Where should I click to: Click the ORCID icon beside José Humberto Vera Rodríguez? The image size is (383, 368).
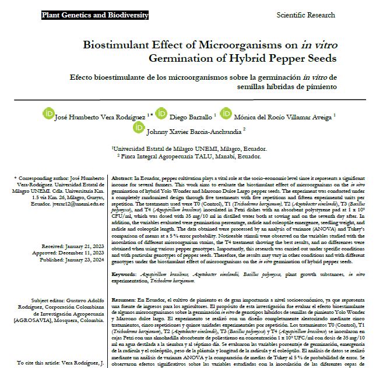[48, 112]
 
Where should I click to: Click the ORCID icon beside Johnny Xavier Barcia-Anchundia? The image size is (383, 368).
[139, 126]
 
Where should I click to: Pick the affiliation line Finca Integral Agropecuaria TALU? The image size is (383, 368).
[189, 157]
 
